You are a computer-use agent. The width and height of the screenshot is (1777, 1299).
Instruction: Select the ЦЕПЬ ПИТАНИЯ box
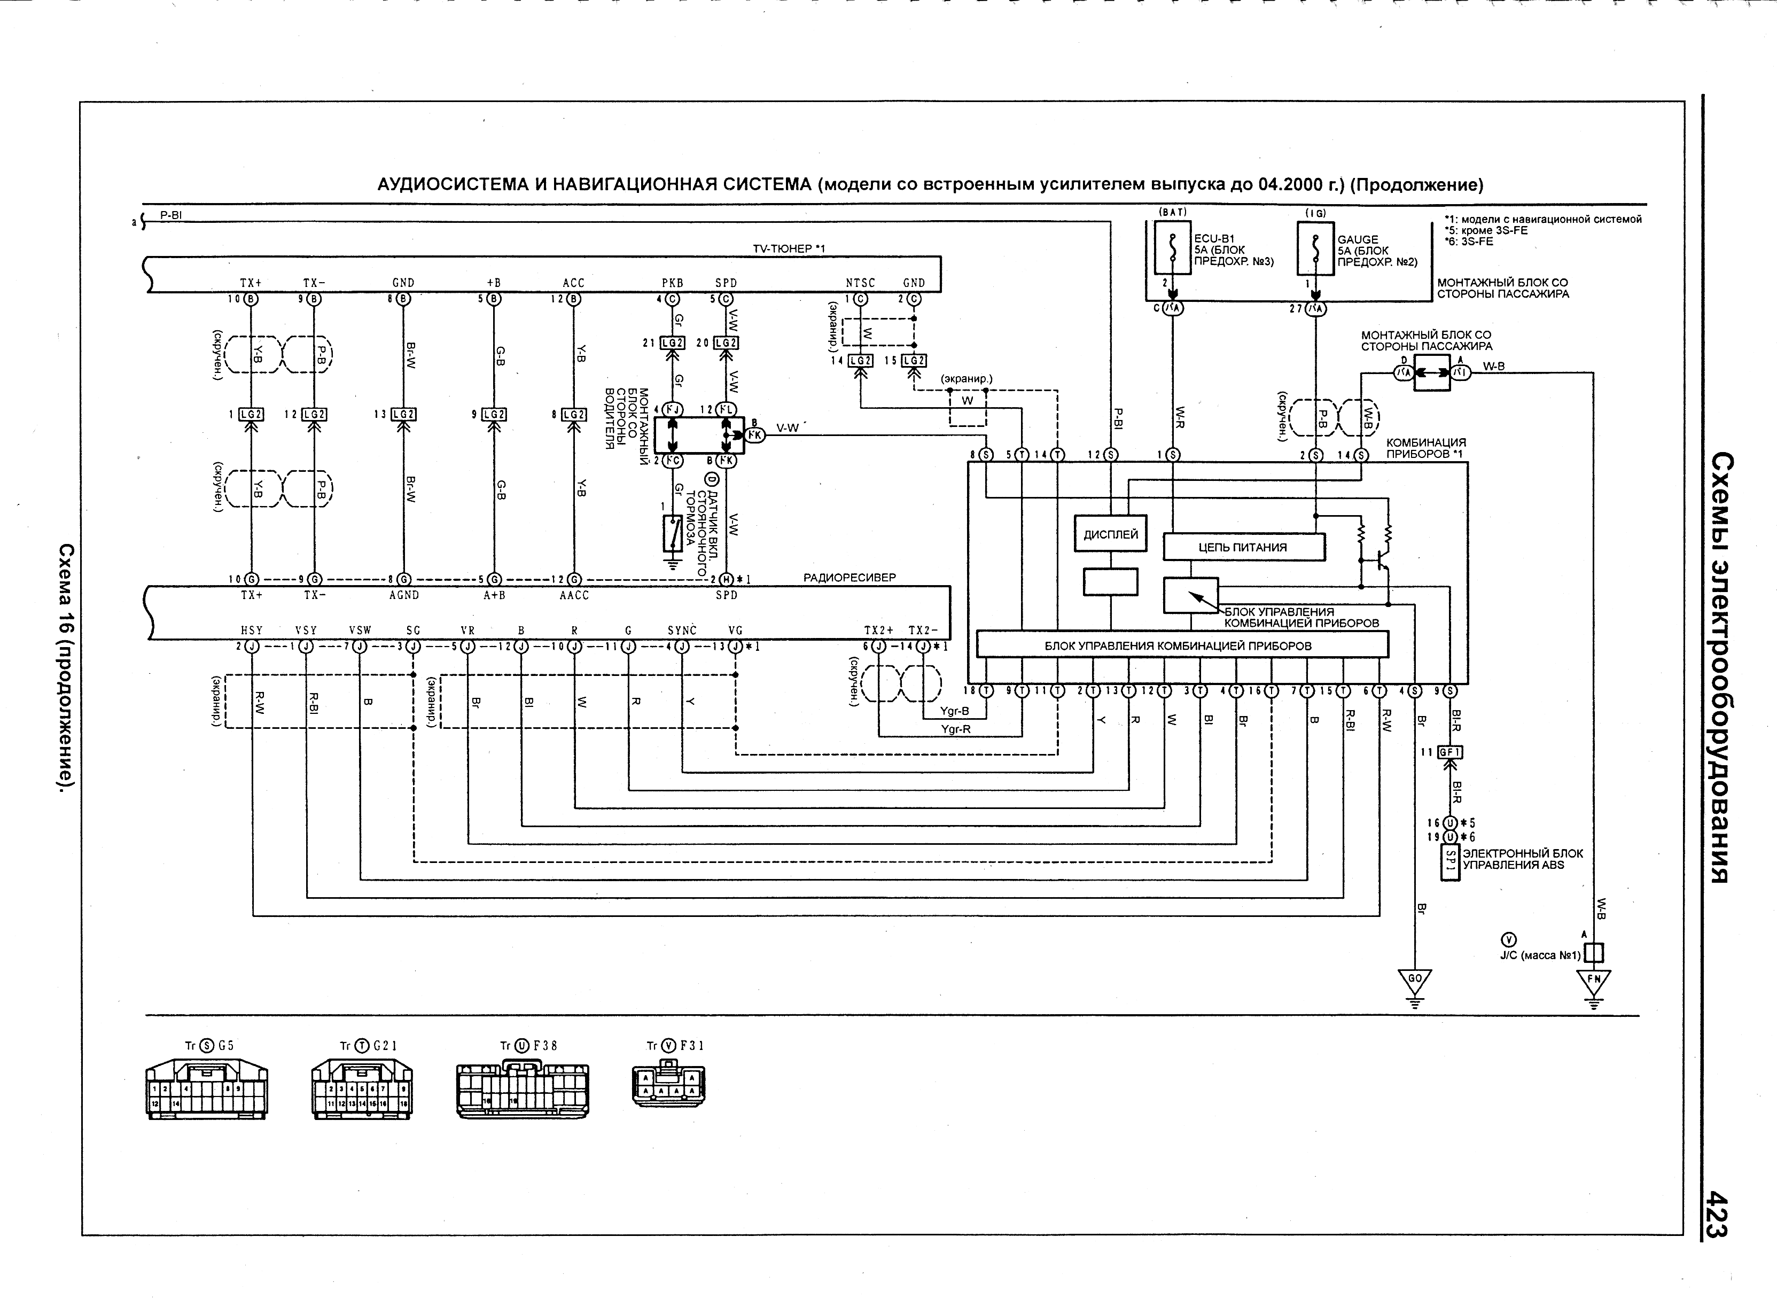(1243, 547)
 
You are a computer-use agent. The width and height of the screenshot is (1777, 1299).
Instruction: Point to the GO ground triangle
(1415, 981)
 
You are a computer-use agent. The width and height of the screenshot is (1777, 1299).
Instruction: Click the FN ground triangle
(1594, 981)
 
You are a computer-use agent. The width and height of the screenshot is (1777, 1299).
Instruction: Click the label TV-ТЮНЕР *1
(789, 249)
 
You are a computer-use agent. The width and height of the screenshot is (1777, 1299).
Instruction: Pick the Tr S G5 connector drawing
(207, 1090)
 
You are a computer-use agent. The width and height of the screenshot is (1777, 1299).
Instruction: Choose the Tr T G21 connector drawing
(362, 1090)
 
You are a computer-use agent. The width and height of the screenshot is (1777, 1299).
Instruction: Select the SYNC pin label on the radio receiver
(682, 631)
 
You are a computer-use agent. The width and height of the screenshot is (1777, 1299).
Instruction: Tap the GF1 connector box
(1450, 752)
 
